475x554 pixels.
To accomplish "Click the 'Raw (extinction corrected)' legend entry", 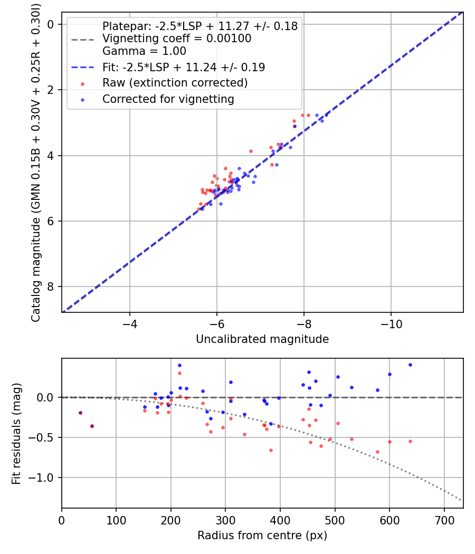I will point(175,83).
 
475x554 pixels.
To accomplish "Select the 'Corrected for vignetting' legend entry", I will point(168,99).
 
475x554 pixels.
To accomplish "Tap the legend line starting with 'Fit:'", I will point(183,67).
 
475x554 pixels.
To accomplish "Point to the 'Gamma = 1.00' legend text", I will point(144,51).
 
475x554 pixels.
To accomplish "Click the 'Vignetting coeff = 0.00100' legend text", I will point(176,39).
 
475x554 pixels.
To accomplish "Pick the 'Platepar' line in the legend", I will point(199,26).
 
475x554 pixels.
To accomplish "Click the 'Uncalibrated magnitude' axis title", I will point(262,339).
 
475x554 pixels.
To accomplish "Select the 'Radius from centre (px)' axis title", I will point(262,536).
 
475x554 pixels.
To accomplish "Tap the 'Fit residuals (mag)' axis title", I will point(16,433).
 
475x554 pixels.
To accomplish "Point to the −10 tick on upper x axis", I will point(391,323).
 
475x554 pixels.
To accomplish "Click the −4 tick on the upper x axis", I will point(130,323).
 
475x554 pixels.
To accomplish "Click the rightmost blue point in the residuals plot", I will point(410,365).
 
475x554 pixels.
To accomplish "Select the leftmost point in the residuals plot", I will point(80,413).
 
